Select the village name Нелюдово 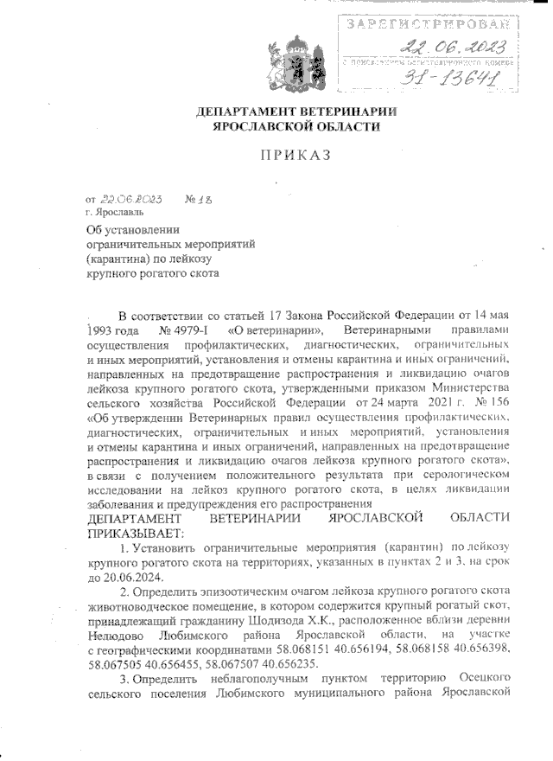tap(118, 636)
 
